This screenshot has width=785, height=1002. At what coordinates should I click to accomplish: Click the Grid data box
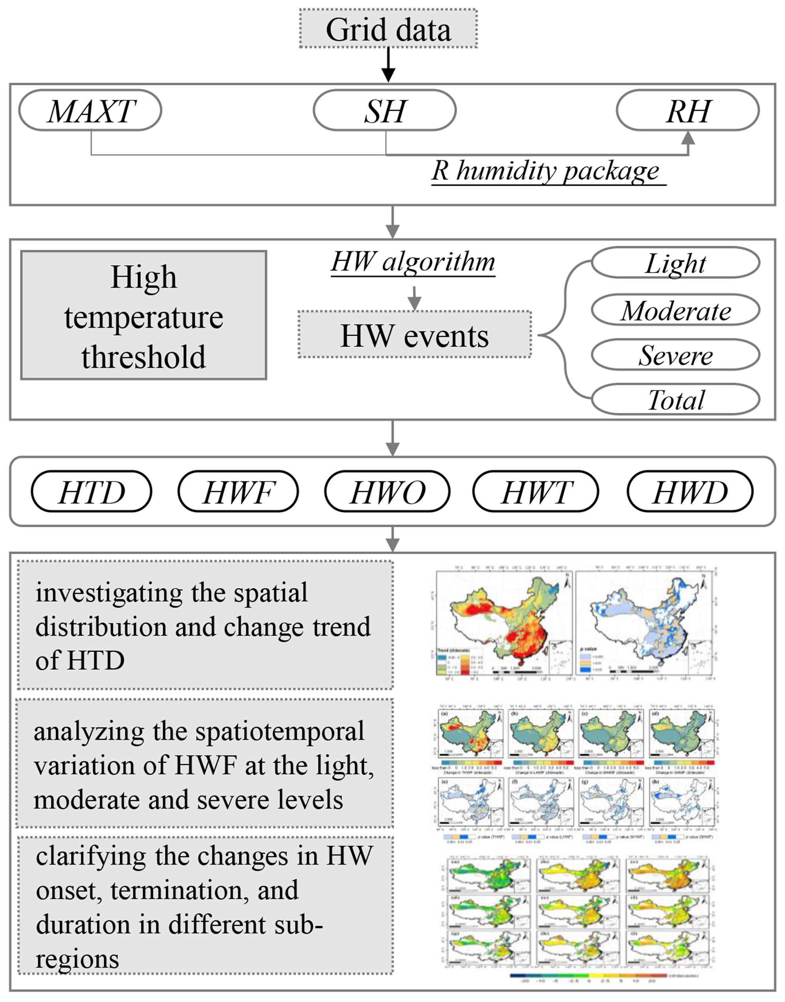coord(388,29)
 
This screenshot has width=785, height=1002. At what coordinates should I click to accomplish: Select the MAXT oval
coord(90,110)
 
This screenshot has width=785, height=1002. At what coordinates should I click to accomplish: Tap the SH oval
coord(385,110)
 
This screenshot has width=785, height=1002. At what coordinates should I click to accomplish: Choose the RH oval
coord(688,110)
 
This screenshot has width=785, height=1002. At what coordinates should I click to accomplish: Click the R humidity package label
coord(546,171)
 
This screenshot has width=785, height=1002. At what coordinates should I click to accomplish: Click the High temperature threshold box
coord(143,315)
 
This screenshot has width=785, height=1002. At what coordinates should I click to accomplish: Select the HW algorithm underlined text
coord(413,262)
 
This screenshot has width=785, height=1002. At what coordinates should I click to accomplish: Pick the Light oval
coord(675,263)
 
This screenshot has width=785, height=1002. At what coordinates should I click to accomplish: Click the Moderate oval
coord(675,310)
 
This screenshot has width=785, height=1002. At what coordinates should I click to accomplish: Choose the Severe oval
coord(675,355)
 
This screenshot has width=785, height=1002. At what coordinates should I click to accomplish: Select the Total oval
coord(675,399)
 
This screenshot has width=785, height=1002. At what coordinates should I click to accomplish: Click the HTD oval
coord(92,492)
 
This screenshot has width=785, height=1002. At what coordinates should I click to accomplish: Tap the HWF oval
coord(238,492)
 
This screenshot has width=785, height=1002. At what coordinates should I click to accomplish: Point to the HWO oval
coord(387,492)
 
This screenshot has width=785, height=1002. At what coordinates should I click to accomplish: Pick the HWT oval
coord(536,492)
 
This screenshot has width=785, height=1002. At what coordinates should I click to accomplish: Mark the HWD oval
coord(690,492)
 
